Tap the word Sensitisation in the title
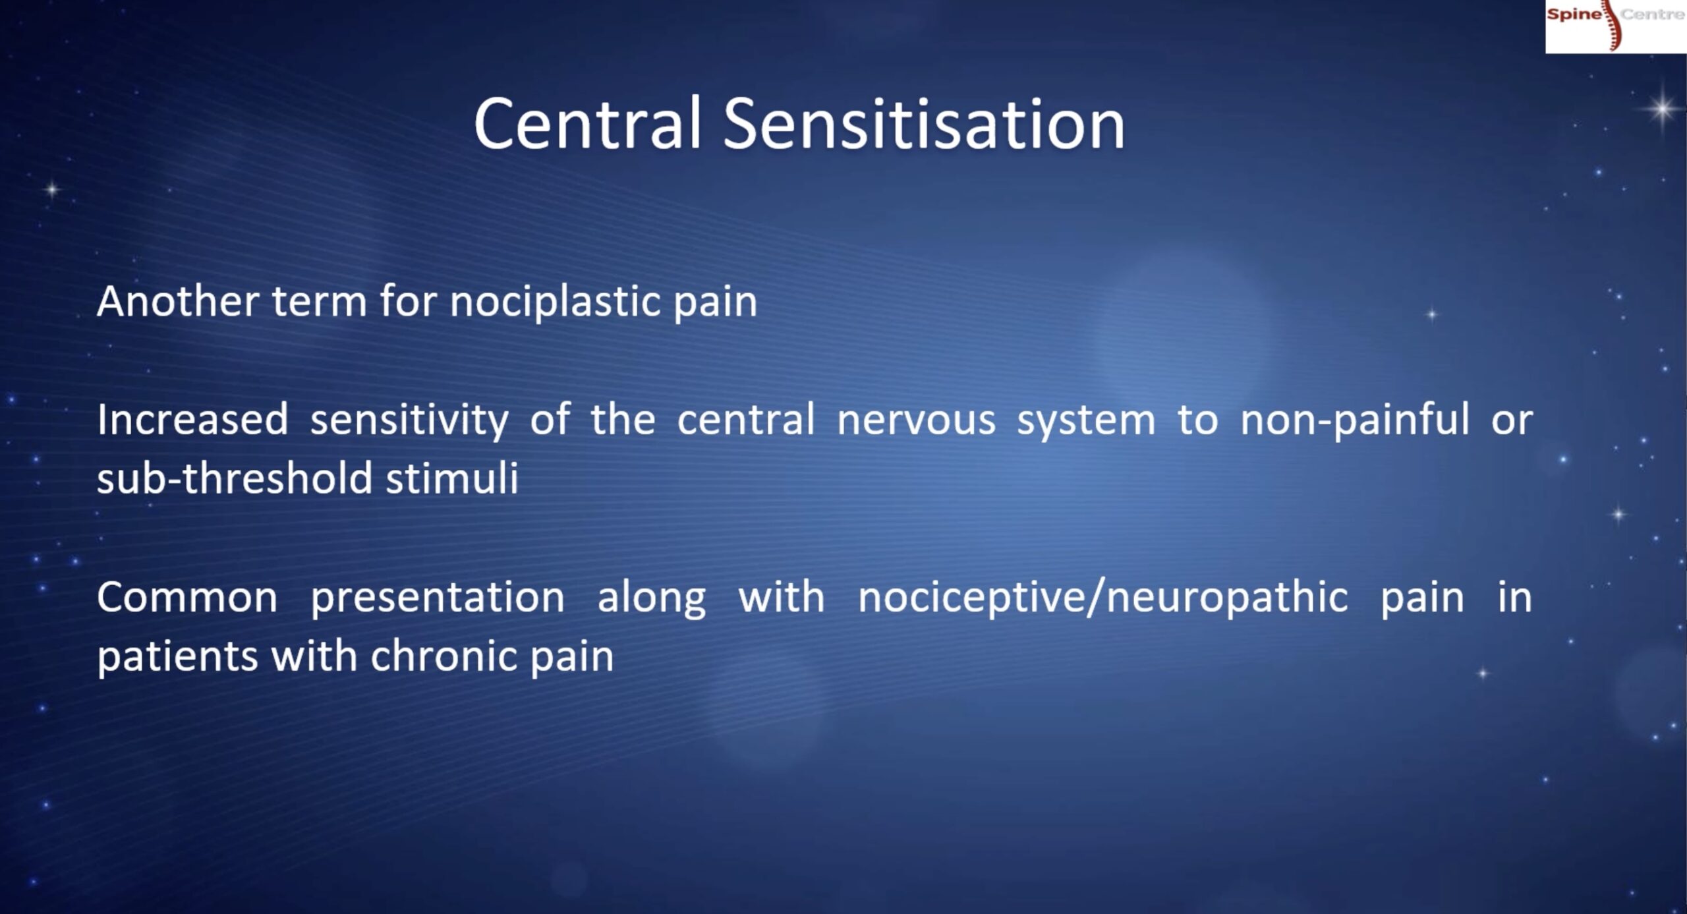tap(924, 123)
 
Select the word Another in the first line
tap(178, 301)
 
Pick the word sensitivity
tap(409, 421)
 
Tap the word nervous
tap(916, 421)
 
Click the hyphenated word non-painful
tap(1355, 420)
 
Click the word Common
tap(187, 598)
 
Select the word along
tap(652, 598)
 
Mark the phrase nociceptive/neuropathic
tap(1103, 598)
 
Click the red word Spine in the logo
tap(1574, 14)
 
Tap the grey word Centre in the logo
tap(1653, 14)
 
